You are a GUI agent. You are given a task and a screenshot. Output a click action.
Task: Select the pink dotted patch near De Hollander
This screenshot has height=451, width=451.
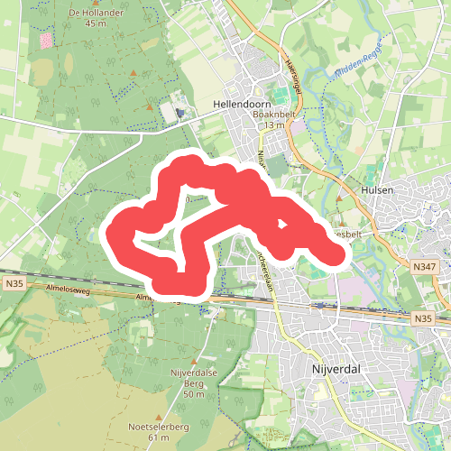pyautogui.click(x=46, y=41)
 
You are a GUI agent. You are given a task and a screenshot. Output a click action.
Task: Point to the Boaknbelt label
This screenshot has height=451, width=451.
pyautogui.click(x=274, y=114)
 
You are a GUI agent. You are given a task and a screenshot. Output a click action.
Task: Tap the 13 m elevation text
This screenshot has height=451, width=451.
pyautogui.click(x=274, y=124)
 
